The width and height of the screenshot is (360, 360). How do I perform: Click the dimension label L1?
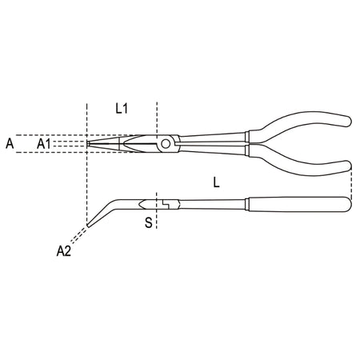click(x=122, y=109)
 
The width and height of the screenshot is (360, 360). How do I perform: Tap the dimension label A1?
click(x=44, y=144)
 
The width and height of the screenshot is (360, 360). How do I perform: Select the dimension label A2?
click(x=64, y=251)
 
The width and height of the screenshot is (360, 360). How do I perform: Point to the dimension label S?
click(x=149, y=222)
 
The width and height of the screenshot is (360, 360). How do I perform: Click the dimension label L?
click(x=216, y=182)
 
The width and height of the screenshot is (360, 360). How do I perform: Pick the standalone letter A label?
click(x=10, y=144)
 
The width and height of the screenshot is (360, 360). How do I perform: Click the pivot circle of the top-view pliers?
click(x=166, y=144)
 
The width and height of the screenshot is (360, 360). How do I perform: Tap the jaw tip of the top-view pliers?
click(x=88, y=144)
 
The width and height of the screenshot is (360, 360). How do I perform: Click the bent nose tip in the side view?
click(x=89, y=225)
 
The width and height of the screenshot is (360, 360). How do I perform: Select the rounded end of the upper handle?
click(x=348, y=122)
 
